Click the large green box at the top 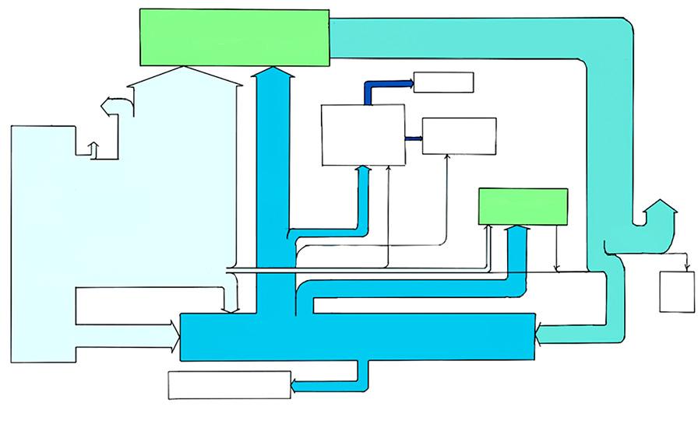coord(234,37)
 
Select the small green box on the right coord(522,206)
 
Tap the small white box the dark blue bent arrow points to coord(443,82)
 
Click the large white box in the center coord(363,135)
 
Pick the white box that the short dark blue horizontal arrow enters coord(459,136)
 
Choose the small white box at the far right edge coord(677,292)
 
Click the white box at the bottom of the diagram coord(230,385)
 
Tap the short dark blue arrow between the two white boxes coord(414,138)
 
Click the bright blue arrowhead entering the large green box coord(272,73)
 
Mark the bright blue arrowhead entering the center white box coord(363,170)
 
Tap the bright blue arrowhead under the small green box coord(517,230)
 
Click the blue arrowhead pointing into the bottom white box coord(298,381)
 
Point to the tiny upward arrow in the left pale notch coord(94,148)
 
